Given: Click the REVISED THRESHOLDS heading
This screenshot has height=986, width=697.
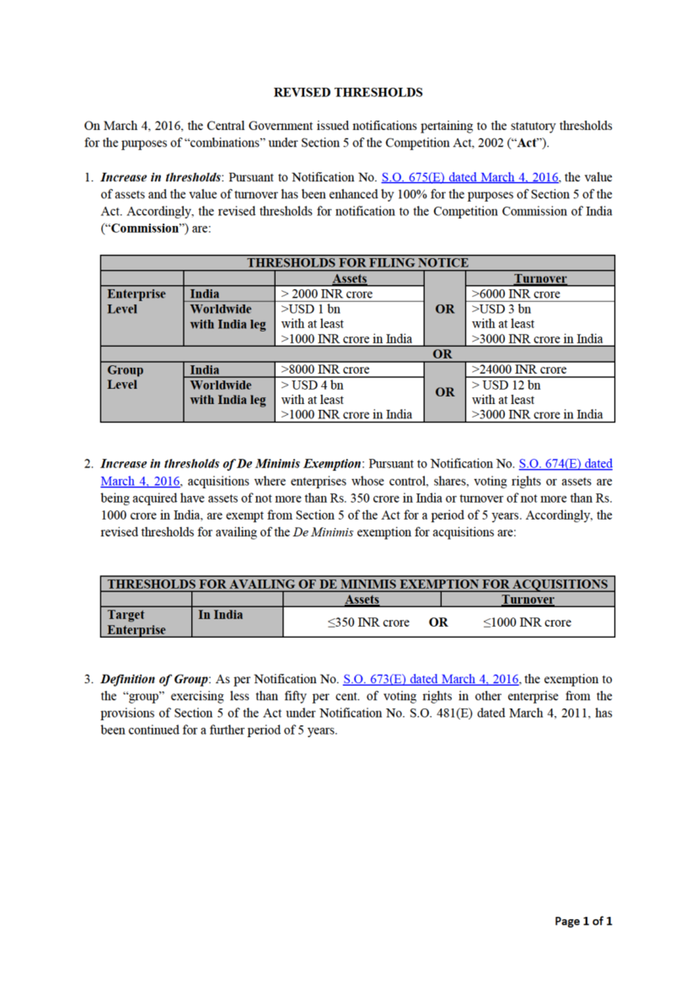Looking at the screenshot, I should (348, 92).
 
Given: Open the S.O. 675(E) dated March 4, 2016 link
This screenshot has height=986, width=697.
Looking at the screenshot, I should (469, 177).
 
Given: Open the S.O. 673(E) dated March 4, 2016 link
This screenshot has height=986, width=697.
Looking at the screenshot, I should (430, 679).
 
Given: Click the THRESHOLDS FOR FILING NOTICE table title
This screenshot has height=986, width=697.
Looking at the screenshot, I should (357, 263).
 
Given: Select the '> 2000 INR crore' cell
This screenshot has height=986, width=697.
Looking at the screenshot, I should (327, 294).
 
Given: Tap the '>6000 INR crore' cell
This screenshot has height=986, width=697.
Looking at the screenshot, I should (516, 294).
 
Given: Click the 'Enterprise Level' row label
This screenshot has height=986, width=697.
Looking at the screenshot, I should (136, 302).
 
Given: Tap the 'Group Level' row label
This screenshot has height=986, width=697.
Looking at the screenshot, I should (125, 377).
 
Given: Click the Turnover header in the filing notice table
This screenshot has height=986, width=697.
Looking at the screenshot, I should (540, 279).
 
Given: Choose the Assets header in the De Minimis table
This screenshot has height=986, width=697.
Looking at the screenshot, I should (362, 599).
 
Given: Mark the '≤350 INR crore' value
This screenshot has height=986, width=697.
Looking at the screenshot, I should (368, 623).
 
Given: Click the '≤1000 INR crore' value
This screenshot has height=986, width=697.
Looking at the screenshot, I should (527, 623).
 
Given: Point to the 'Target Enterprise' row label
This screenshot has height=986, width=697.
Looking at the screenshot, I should (136, 622).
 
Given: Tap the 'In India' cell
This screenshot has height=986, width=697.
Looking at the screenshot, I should (220, 615).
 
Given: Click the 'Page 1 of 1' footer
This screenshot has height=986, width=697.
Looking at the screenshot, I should (583, 921).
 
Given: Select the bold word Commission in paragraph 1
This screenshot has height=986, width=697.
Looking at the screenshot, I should (145, 228).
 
